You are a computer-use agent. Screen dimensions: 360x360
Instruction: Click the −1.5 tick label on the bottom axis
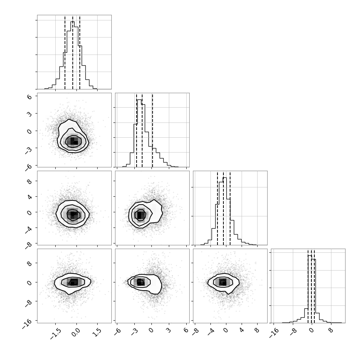click(56, 334)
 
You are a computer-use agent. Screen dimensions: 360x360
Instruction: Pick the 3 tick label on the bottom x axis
click(168, 330)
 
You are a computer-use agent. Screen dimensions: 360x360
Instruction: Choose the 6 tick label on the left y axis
click(29, 96)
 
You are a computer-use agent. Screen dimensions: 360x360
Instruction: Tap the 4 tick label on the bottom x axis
click(241, 330)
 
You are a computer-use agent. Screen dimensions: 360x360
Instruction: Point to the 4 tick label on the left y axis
click(29, 197)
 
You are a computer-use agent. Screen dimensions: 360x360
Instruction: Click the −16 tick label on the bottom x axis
click(273, 332)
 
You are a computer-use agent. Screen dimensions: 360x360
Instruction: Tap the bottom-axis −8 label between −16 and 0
click(292, 331)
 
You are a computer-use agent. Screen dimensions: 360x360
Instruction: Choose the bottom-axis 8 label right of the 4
click(257, 330)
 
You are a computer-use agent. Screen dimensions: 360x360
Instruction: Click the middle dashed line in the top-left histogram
click(73, 52)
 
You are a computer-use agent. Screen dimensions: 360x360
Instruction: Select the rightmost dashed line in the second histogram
click(152, 130)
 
